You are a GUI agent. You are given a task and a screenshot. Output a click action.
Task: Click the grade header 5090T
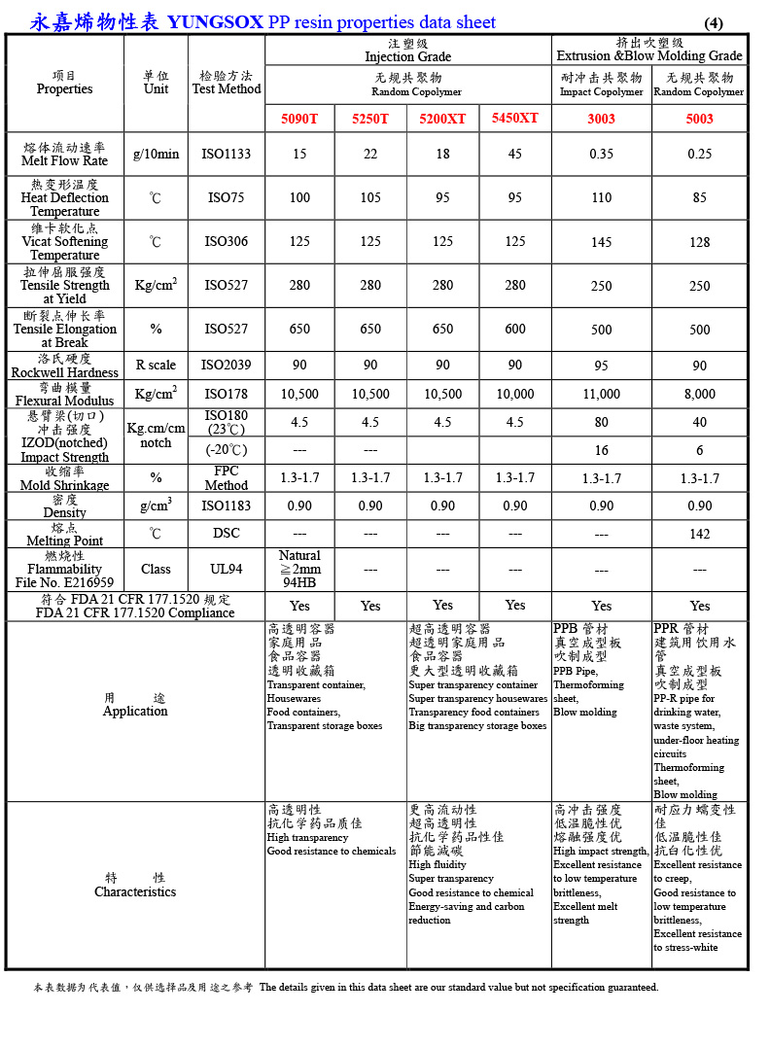pyautogui.click(x=299, y=119)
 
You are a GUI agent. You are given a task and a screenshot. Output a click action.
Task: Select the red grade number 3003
pyautogui.click(x=601, y=119)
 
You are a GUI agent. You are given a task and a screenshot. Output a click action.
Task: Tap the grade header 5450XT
pyautogui.click(x=514, y=118)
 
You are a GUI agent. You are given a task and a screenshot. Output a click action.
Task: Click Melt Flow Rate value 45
pyautogui.click(x=514, y=154)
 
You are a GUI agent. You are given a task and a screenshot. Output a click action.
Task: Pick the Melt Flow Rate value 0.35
pyautogui.click(x=601, y=154)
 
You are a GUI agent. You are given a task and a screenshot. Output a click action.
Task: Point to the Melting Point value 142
pyautogui.click(x=700, y=534)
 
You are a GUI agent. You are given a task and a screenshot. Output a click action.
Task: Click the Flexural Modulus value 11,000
pyautogui.click(x=601, y=394)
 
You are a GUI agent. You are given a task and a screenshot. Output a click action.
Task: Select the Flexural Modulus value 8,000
pyautogui.click(x=700, y=394)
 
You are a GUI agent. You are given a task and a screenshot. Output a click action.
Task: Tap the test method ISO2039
pyautogui.click(x=226, y=365)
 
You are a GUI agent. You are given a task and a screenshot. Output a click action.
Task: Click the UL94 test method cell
pyautogui.click(x=226, y=570)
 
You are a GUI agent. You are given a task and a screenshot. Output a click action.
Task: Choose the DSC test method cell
pyautogui.click(x=226, y=533)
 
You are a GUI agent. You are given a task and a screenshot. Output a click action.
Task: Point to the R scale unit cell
pyautogui.click(x=156, y=365)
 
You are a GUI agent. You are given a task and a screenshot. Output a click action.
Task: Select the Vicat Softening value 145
pyautogui.click(x=601, y=242)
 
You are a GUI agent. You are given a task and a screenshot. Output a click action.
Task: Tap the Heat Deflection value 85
pyautogui.click(x=700, y=197)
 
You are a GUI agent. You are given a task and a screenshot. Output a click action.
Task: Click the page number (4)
pyautogui.click(x=714, y=23)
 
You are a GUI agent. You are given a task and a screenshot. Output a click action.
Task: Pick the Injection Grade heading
pyautogui.click(x=407, y=56)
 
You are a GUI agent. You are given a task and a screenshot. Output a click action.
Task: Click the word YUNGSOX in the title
pyautogui.click(x=215, y=22)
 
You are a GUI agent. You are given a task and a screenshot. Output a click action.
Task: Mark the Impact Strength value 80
pyautogui.click(x=601, y=423)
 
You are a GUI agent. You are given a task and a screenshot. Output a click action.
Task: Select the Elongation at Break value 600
pyautogui.click(x=514, y=330)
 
